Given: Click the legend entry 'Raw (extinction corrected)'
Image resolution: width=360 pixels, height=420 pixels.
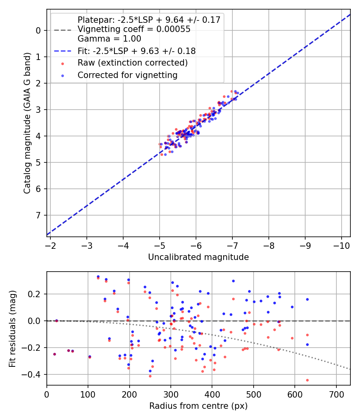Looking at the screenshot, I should pyautogui.click(x=132, y=63).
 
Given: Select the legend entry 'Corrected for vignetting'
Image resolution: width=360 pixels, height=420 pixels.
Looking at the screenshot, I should pyautogui.click(x=127, y=75).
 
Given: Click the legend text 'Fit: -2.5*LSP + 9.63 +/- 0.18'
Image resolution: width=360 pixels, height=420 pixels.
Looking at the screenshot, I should pyautogui.click(x=136, y=51).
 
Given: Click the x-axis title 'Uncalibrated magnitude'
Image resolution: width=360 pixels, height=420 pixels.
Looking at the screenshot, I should pyautogui.click(x=198, y=257).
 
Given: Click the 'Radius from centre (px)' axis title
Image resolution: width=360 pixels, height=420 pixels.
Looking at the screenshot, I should pyautogui.click(x=198, y=406).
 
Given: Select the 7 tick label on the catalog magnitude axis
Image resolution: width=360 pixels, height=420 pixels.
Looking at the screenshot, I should pyautogui.click(x=38, y=216).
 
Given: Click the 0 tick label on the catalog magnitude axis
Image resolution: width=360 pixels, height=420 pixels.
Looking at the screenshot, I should pyautogui.click(x=38, y=30).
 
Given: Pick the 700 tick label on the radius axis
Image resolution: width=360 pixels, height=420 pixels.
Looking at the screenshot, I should pyautogui.click(x=336, y=395).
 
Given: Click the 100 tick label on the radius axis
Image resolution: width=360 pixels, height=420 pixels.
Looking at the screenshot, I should pyautogui.click(x=88, y=395).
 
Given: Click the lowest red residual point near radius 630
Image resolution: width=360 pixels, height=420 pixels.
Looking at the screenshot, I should pyautogui.click(x=307, y=380).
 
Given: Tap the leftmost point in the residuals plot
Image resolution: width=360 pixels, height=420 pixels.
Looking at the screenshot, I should pyautogui.click(x=54, y=354).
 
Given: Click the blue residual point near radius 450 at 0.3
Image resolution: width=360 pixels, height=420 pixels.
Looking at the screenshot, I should pyautogui.click(x=233, y=281).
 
